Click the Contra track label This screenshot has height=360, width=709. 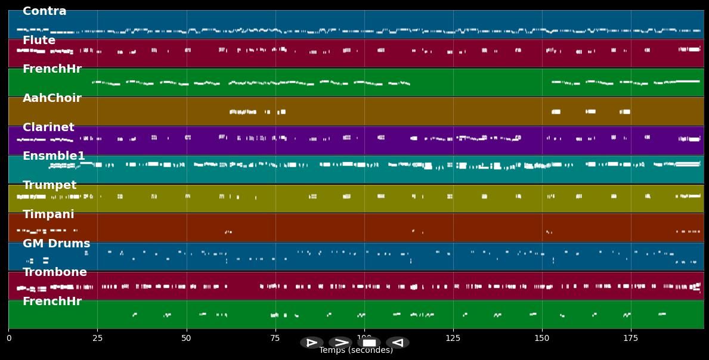tap(45, 11)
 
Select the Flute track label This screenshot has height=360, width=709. tap(39, 41)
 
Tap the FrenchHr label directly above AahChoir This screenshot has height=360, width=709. tap(52, 69)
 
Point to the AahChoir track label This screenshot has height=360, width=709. tap(52, 98)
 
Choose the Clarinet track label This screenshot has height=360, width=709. tap(48, 128)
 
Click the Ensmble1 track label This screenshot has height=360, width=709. tap(54, 156)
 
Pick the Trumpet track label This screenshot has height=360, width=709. tap(49, 185)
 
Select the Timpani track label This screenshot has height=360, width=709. tap(48, 215)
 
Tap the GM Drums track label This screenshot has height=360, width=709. tap(56, 244)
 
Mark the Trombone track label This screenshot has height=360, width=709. tap(55, 272)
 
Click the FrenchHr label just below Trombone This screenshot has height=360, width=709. tap(52, 302)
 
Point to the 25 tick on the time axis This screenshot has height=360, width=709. tap(97, 338)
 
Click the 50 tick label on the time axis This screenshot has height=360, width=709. tap(186, 338)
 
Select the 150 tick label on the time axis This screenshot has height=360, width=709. tap(542, 338)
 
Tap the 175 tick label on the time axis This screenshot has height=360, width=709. tap(631, 338)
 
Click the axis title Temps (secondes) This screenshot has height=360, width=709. tap(356, 350)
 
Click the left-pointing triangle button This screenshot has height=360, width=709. tap(397, 343)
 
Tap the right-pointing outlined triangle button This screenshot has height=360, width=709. tap(312, 343)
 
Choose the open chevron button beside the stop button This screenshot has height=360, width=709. tap(340, 343)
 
